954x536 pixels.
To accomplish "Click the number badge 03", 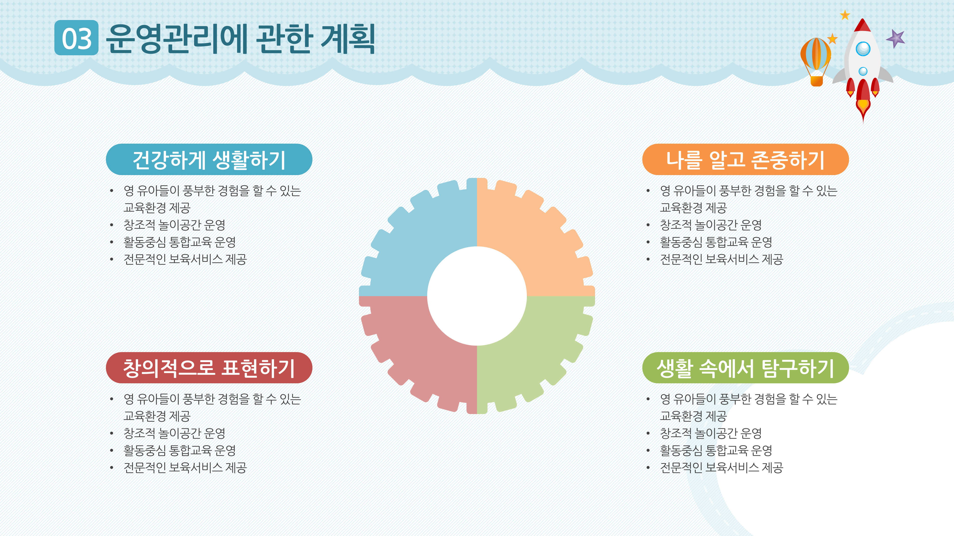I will (76, 38).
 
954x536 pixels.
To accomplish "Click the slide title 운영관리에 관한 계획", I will (241, 39).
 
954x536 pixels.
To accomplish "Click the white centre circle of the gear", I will (477, 296).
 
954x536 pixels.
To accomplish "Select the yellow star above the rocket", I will (845, 15).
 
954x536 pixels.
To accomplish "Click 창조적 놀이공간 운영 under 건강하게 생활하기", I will (174, 225).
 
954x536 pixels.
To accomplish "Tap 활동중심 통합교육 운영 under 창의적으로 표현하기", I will (180, 450).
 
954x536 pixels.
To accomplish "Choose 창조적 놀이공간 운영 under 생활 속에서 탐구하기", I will (711, 433).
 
